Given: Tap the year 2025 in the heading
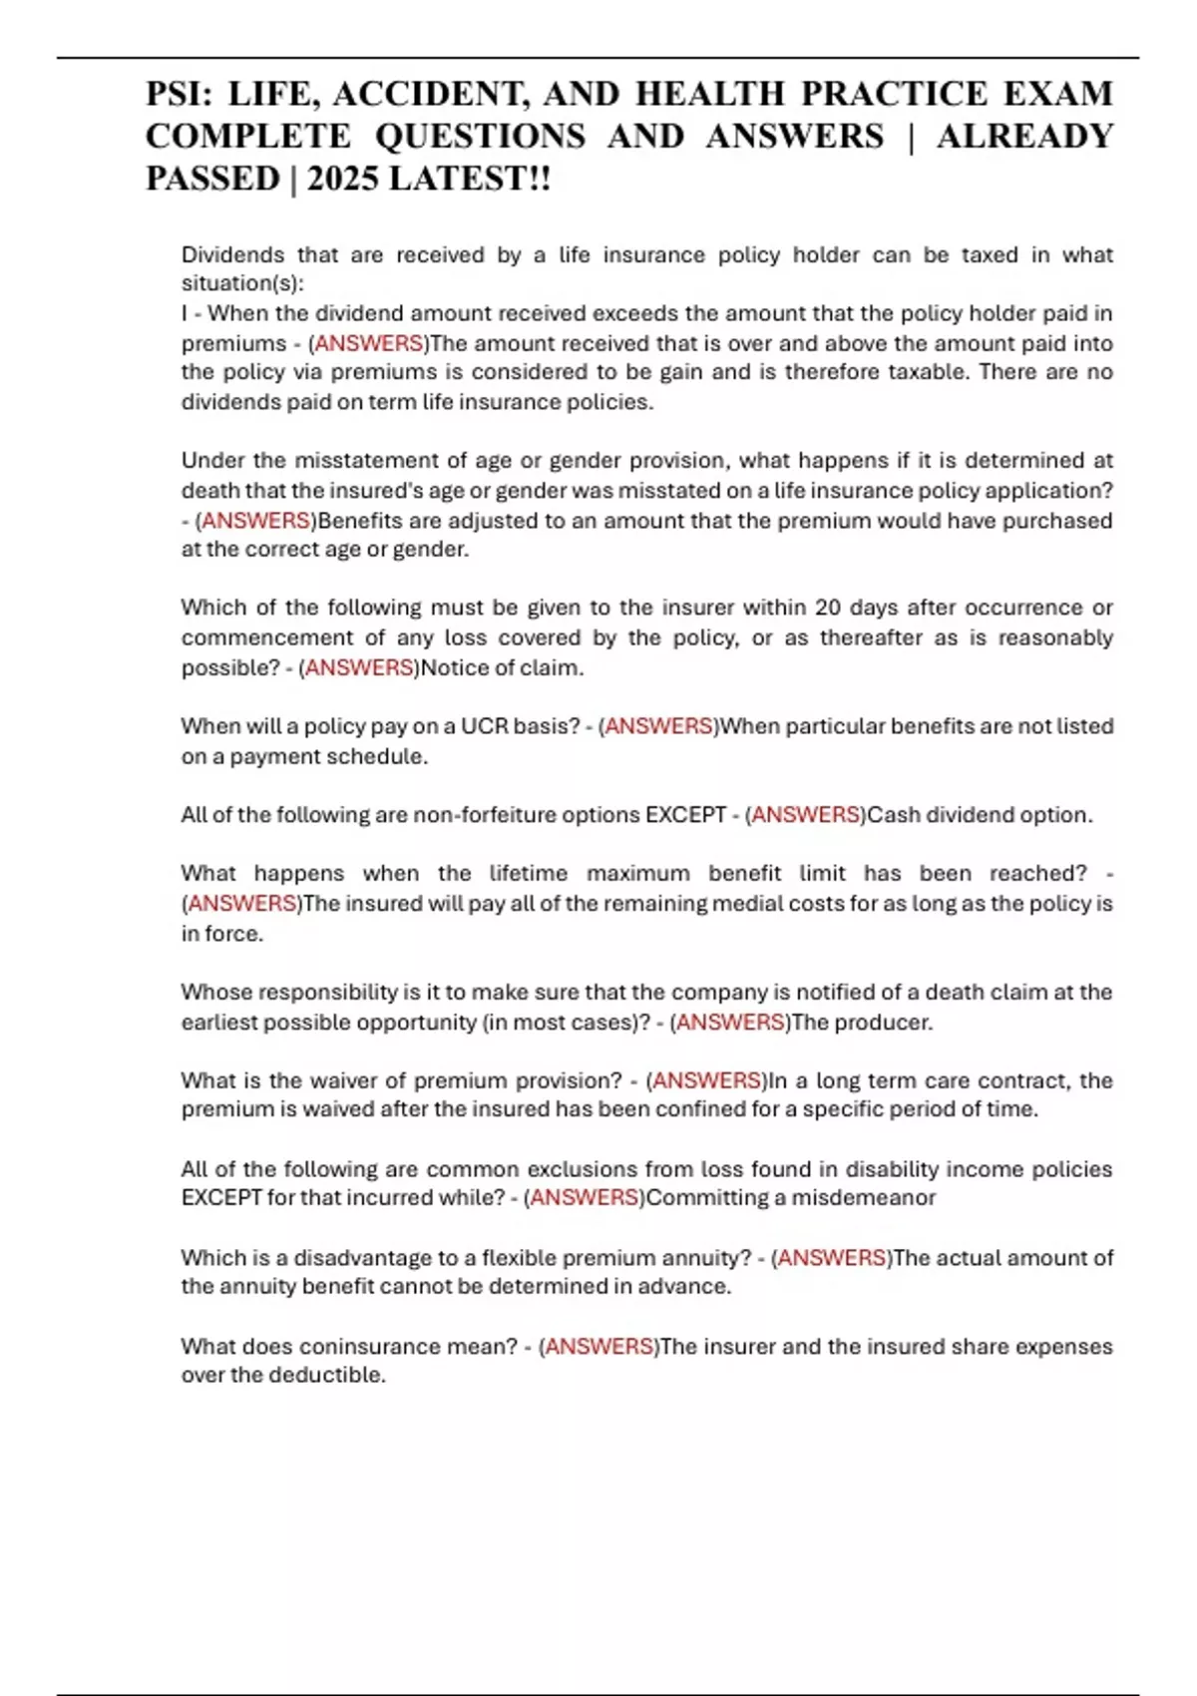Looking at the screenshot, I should (343, 179).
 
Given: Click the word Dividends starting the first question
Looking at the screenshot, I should (232, 255).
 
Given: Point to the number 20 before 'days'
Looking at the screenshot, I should (828, 608).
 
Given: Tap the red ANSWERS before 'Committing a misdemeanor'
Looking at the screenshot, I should (585, 1198).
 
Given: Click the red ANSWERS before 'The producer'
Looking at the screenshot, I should (730, 1023).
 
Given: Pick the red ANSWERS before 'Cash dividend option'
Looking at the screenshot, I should (806, 815).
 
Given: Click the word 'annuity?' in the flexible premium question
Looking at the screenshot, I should (706, 1258).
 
